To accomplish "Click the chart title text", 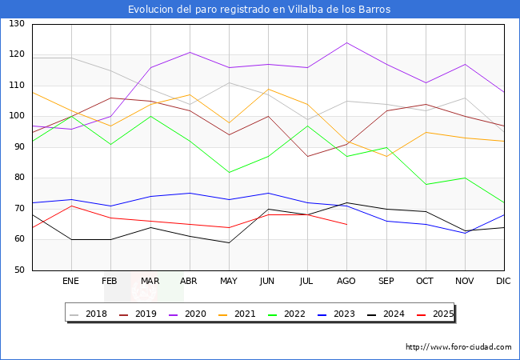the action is [x=259, y=10].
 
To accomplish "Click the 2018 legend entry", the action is [x=89, y=314].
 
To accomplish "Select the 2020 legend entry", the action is [x=188, y=314].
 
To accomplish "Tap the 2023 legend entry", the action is [x=337, y=314].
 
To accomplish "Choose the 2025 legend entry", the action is [x=435, y=314].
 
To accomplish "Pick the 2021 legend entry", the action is [x=238, y=314].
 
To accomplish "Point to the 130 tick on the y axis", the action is [x=17, y=23].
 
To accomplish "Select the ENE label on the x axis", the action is [x=70, y=281].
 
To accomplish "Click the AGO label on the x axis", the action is [x=346, y=281].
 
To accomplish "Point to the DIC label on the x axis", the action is [x=503, y=281].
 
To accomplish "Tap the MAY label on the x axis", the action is [x=229, y=281].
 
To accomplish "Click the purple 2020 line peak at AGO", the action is [x=347, y=42].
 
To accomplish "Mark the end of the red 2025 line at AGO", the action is [x=347, y=225].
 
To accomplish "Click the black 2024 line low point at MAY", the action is [x=229, y=242].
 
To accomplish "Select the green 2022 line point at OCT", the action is [x=426, y=184].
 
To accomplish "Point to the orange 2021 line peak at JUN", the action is [x=268, y=89].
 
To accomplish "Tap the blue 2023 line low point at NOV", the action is [x=466, y=233].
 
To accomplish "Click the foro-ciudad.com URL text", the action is [x=458, y=347].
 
